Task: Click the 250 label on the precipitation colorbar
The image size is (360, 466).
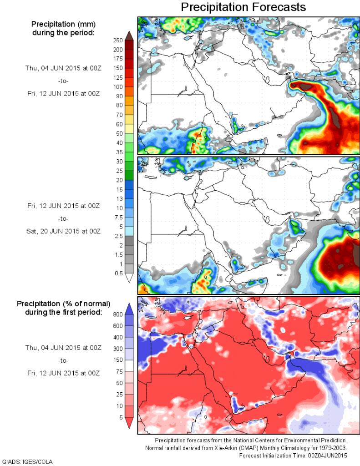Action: (x=117, y=40)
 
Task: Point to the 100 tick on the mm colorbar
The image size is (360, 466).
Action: (x=117, y=86)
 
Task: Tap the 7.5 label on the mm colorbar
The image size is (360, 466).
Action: (x=118, y=217)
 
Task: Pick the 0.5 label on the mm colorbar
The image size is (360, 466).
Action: (x=118, y=273)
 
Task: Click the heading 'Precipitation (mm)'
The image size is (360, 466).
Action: (x=62, y=24)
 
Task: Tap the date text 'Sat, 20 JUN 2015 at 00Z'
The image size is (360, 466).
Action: (x=63, y=231)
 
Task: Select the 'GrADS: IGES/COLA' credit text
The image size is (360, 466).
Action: (x=27, y=461)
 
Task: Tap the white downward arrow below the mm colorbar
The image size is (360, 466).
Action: (x=129, y=278)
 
